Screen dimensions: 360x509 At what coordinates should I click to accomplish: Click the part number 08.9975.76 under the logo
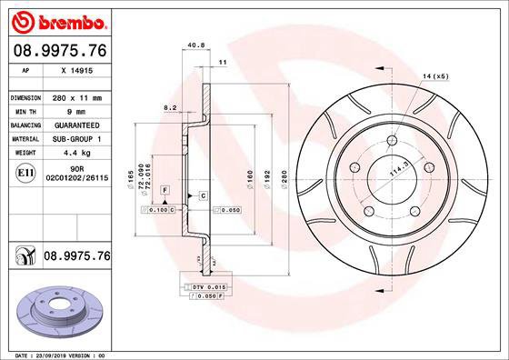click(60, 51)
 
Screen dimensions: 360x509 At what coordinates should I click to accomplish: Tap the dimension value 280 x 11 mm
click(75, 97)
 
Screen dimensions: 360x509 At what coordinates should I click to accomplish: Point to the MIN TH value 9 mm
click(75, 111)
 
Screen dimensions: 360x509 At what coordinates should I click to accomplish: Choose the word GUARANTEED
click(75, 125)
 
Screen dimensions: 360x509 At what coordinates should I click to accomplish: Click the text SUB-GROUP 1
click(75, 139)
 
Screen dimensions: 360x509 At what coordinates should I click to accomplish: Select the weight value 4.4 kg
click(75, 154)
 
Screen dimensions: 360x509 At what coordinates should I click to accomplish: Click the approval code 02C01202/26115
click(75, 179)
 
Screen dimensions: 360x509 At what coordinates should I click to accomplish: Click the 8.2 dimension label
click(169, 107)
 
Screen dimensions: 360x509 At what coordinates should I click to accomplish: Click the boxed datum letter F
click(164, 188)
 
